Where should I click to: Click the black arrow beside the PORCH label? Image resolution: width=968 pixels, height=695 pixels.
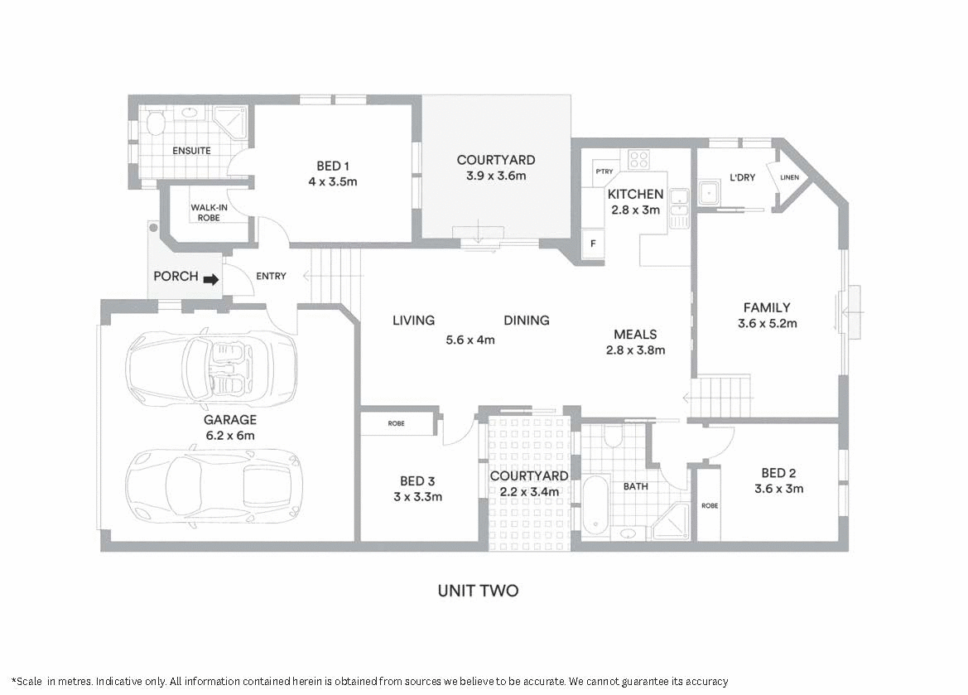pyautogui.click(x=211, y=279)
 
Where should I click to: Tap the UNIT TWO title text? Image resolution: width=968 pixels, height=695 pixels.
pyautogui.click(x=478, y=591)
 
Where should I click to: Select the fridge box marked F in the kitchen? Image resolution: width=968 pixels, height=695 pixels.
pyautogui.click(x=593, y=244)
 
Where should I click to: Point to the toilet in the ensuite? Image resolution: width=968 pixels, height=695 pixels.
pyautogui.click(x=155, y=123)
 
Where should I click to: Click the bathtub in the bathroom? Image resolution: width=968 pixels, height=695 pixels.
pyautogui.click(x=595, y=505)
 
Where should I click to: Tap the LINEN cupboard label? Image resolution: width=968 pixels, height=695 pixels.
pyautogui.click(x=789, y=176)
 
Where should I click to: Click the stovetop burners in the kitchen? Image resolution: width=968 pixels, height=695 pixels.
pyautogui.click(x=638, y=159)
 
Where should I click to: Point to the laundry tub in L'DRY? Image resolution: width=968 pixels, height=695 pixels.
pyautogui.click(x=710, y=194)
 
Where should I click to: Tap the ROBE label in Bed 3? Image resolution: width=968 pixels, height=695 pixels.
pyautogui.click(x=397, y=423)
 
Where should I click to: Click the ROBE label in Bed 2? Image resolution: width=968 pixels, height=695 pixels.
pyautogui.click(x=709, y=505)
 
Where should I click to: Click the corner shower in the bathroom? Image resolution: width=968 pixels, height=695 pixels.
pyautogui.click(x=671, y=521)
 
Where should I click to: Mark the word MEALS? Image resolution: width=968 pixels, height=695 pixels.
pyautogui.click(x=635, y=334)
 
